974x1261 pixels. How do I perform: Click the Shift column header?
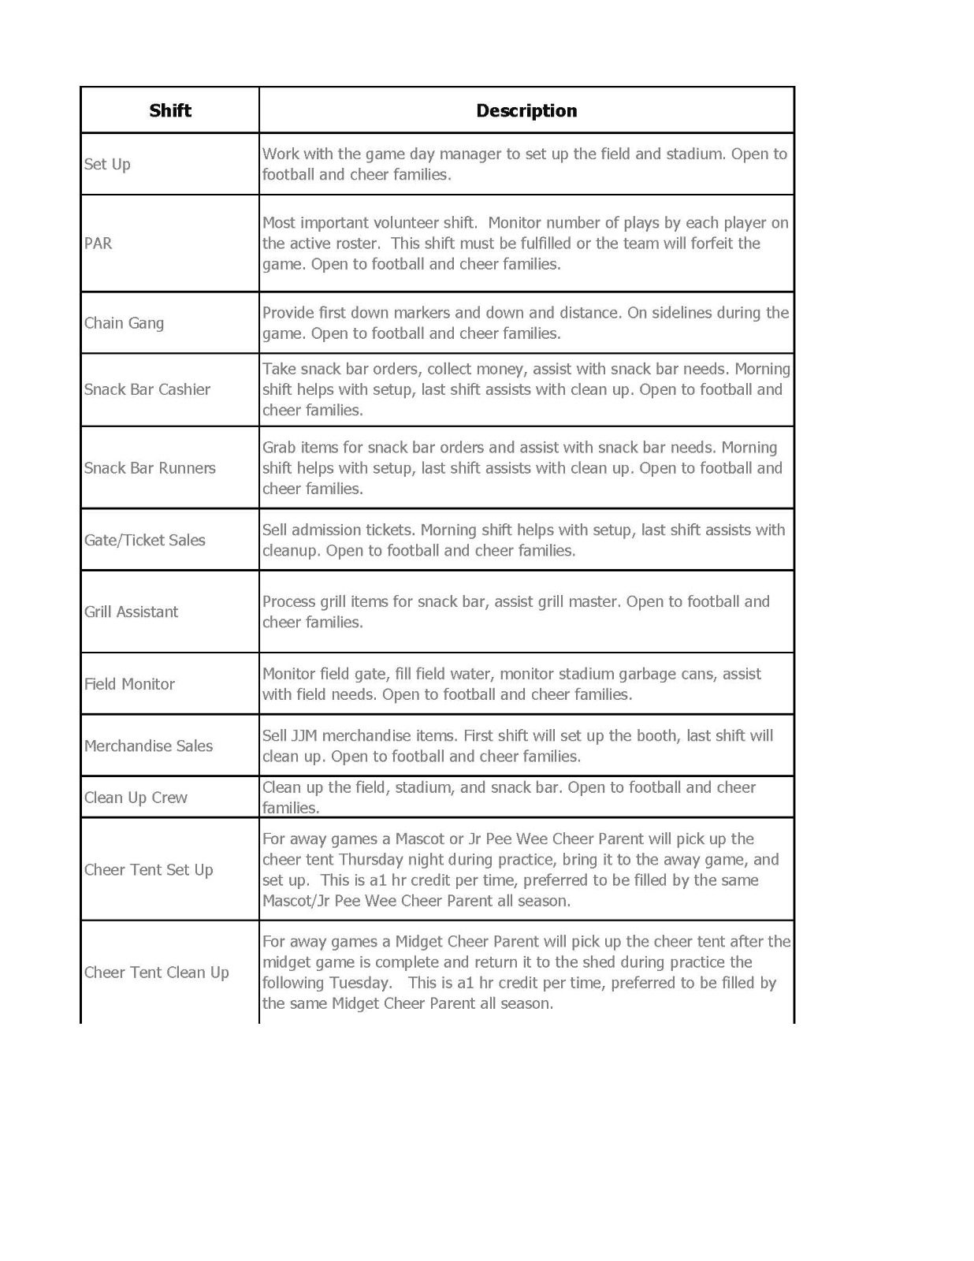pos(170,110)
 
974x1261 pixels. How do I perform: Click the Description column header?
pos(526,110)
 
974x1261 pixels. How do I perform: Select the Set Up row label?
pos(107,164)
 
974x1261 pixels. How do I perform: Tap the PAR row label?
pos(99,243)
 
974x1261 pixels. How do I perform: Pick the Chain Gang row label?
pos(125,323)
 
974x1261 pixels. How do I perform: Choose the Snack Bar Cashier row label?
pos(147,389)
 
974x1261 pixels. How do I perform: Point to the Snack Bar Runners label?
pos(150,468)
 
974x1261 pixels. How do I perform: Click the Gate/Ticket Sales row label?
pos(145,540)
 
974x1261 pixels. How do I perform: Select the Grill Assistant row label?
pos(132,612)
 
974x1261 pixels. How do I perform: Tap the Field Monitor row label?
pos(130,684)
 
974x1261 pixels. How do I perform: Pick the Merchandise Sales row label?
pos(149,746)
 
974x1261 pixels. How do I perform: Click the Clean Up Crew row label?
pos(136,798)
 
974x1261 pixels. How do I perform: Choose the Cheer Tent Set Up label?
pos(149,870)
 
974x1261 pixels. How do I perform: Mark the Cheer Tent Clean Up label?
pos(157,973)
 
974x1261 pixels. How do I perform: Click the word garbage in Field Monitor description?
pos(647,674)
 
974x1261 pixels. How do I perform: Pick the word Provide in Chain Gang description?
pos(288,313)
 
